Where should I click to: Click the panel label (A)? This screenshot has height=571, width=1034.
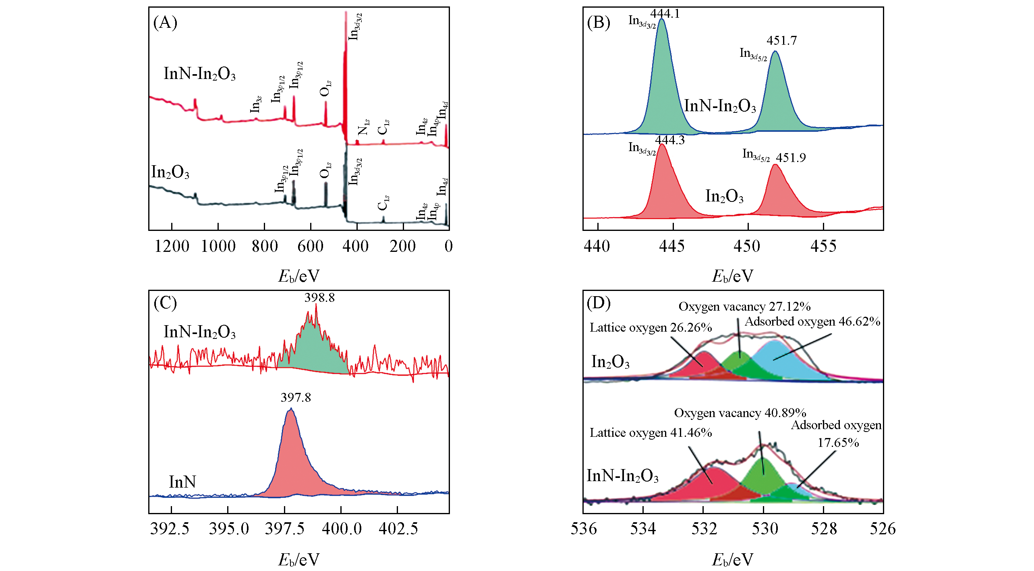(165, 23)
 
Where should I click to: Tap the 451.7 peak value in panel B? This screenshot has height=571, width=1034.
(781, 40)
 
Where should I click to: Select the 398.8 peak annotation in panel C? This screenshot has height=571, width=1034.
(319, 298)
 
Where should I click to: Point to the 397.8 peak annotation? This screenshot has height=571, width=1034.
(296, 398)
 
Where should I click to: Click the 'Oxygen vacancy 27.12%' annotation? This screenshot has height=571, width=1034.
(744, 307)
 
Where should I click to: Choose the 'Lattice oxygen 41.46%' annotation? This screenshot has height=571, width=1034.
(651, 433)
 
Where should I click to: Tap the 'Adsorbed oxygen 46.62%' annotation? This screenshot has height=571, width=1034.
(812, 322)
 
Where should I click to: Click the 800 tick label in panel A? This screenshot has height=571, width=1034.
(265, 246)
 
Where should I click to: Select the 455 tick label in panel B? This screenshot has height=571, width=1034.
(823, 246)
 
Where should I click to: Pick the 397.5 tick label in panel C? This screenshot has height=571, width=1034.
(285, 529)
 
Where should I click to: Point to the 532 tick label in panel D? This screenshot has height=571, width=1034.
(704, 529)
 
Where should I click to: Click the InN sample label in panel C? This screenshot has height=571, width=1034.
(182, 482)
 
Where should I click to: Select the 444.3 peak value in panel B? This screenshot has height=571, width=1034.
(669, 140)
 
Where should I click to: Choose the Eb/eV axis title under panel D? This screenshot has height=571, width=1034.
(732, 559)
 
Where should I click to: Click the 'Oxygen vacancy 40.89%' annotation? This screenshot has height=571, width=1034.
(740, 413)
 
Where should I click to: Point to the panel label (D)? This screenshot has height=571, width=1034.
(599, 303)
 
